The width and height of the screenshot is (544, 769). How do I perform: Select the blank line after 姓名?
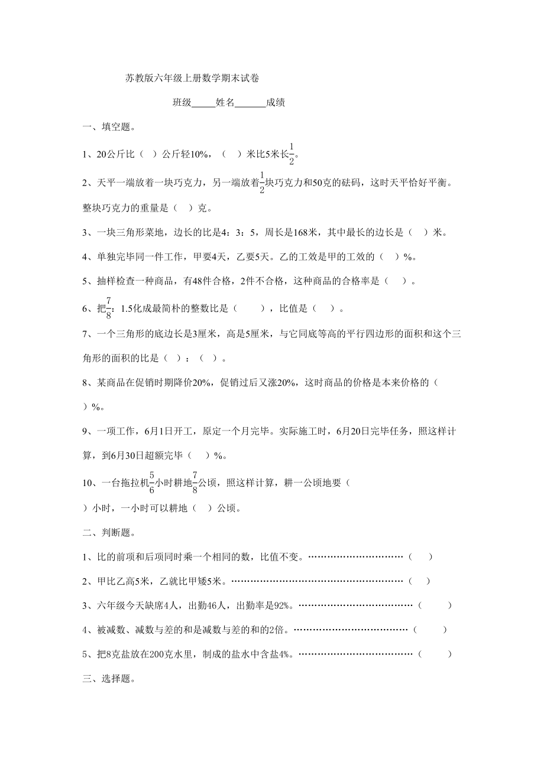[x=251, y=103]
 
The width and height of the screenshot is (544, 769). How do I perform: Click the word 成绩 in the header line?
[x=276, y=103]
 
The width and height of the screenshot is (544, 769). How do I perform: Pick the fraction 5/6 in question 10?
[x=151, y=482]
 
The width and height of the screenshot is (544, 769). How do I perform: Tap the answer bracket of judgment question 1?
[x=420, y=556]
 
